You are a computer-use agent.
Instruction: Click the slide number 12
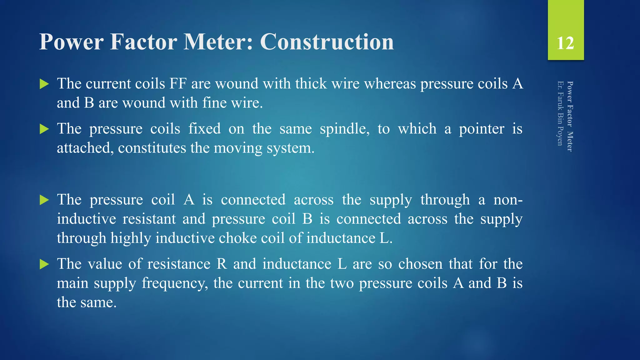565,43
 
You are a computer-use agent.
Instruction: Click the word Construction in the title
327,42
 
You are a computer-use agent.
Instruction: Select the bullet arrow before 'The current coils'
44,84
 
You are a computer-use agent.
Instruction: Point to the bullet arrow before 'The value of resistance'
44,264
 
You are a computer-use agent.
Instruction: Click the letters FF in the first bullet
178,84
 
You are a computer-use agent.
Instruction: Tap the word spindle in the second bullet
344,129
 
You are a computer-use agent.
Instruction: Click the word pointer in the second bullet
482,129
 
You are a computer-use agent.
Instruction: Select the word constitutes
152,148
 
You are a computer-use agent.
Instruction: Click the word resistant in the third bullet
149,219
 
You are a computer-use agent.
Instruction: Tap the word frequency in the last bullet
175,283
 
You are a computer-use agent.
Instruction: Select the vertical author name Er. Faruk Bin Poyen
560,113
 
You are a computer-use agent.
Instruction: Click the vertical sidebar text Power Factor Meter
570,117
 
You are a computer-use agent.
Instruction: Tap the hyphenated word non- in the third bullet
508,200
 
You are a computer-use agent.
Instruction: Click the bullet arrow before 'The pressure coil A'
44,200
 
